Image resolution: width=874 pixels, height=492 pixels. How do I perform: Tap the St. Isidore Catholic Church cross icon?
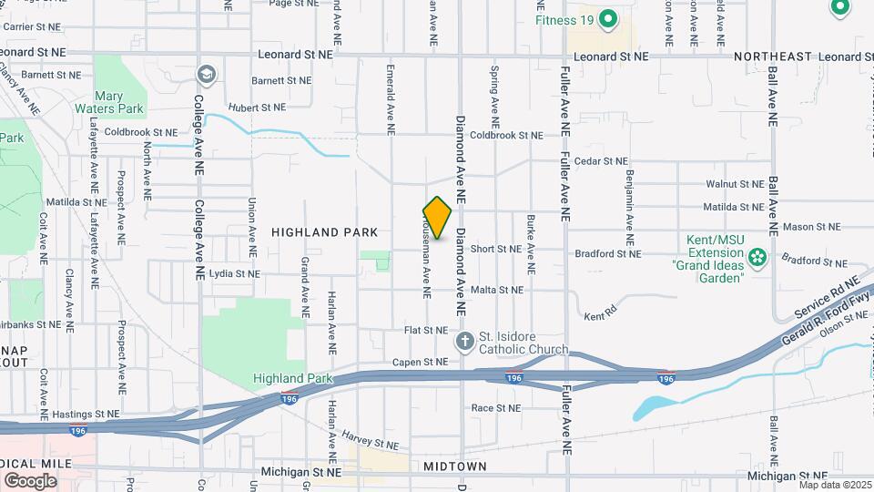(x=464, y=343)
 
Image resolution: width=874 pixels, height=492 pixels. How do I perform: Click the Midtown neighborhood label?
(x=455, y=466)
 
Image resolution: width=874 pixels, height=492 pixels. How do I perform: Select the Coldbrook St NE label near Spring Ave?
(x=505, y=135)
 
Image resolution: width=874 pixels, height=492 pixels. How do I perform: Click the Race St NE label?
(x=494, y=407)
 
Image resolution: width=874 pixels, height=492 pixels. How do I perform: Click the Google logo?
(x=30, y=480)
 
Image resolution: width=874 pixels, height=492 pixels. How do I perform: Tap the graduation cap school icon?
(x=207, y=73)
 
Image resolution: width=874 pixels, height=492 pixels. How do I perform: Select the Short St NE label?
(x=495, y=248)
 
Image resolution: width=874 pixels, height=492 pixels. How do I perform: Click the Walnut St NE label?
(x=734, y=183)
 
